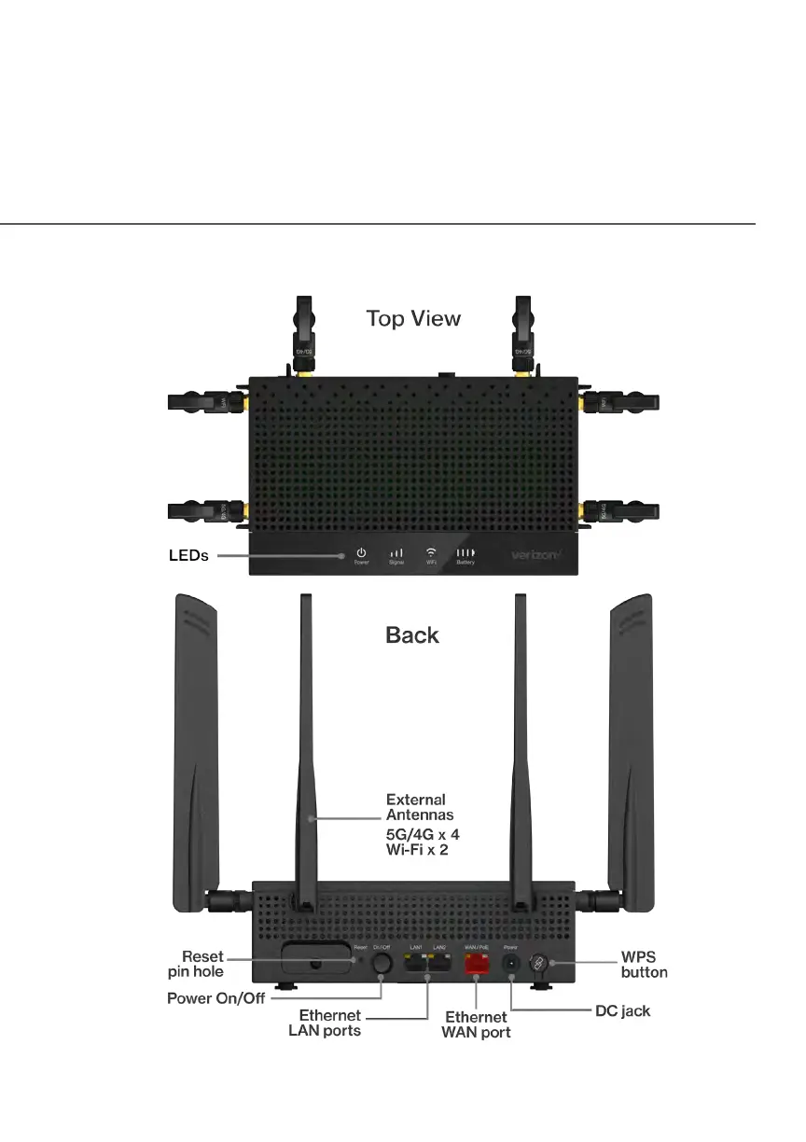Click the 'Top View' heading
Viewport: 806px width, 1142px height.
[413, 318]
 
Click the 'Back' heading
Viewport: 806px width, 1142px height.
[412, 635]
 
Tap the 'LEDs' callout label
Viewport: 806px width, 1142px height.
[188, 555]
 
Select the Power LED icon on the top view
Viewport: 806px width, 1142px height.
[361, 552]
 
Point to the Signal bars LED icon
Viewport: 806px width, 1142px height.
[396, 552]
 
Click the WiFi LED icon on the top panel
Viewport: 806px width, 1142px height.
[431, 551]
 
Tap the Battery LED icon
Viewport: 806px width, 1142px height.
[466, 552]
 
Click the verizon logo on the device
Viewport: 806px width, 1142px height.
[535, 555]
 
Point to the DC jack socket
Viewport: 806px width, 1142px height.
[511, 964]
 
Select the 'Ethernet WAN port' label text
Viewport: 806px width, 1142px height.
[476, 1024]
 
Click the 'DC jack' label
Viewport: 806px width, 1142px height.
[622, 1010]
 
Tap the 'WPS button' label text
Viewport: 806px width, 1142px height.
[644, 965]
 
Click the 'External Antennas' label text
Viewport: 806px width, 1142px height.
[416, 807]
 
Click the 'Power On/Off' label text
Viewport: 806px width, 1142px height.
[216, 998]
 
